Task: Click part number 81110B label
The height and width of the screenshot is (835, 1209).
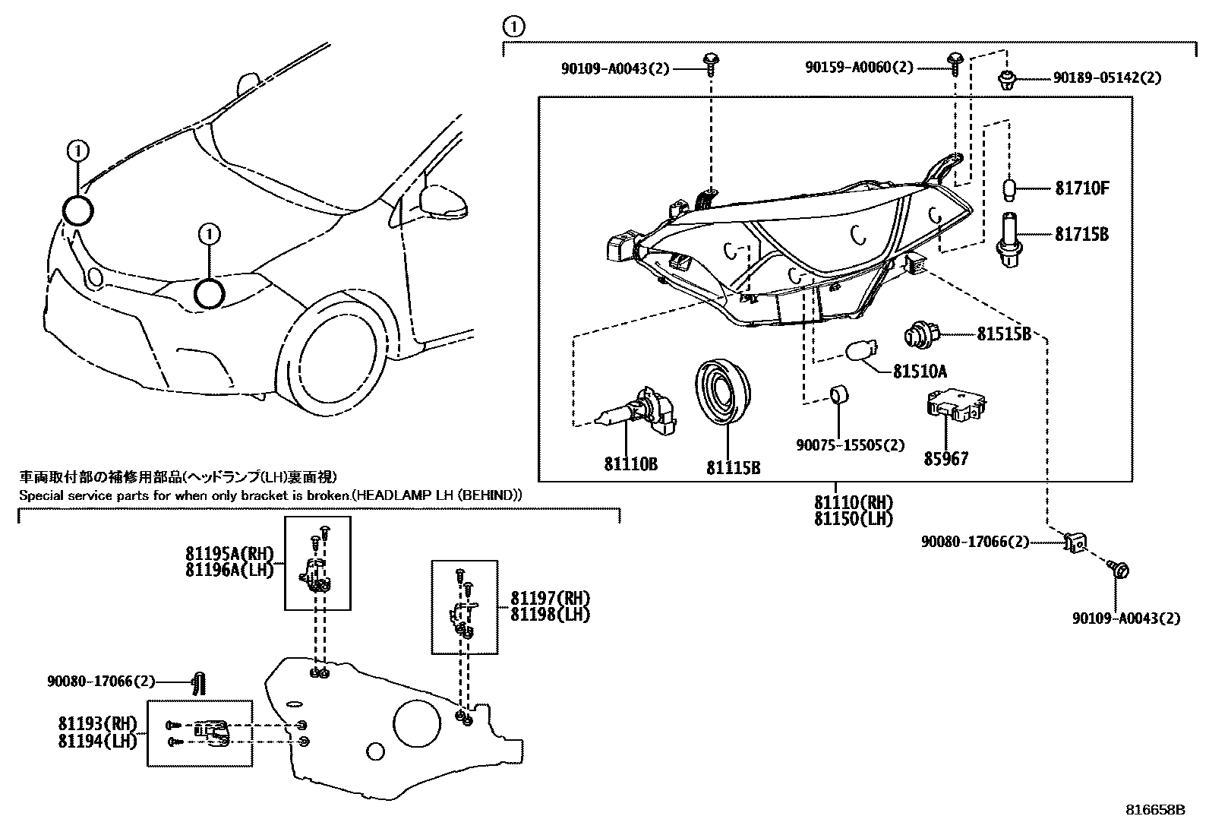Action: click(x=630, y=463)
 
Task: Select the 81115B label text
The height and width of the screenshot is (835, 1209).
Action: click(x=733, y=468)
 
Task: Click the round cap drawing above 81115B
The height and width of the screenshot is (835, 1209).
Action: click(x=724, y=392)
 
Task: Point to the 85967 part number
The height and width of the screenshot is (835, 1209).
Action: click(x=945, y=458)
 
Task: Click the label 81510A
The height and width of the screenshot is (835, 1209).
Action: click(x=920, y=372)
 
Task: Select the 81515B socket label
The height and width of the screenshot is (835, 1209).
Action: click(x=1003, y=334)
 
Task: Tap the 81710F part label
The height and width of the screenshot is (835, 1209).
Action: click(x=1081, y=188)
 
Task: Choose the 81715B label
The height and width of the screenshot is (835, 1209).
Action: click(x=1081, y=235)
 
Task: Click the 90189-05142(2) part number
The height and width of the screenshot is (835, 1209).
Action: click(x=1106, y=77)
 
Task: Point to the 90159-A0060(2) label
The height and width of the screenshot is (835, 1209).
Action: click(x=859, y=68)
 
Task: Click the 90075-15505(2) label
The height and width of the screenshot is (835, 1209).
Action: click(x=850, y=444)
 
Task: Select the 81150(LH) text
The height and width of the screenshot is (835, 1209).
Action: click(x=853, y=519)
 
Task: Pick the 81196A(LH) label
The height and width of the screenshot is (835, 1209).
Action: click(x=228, y=570)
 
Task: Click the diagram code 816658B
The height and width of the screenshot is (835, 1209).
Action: click(x=1154, y=810)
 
